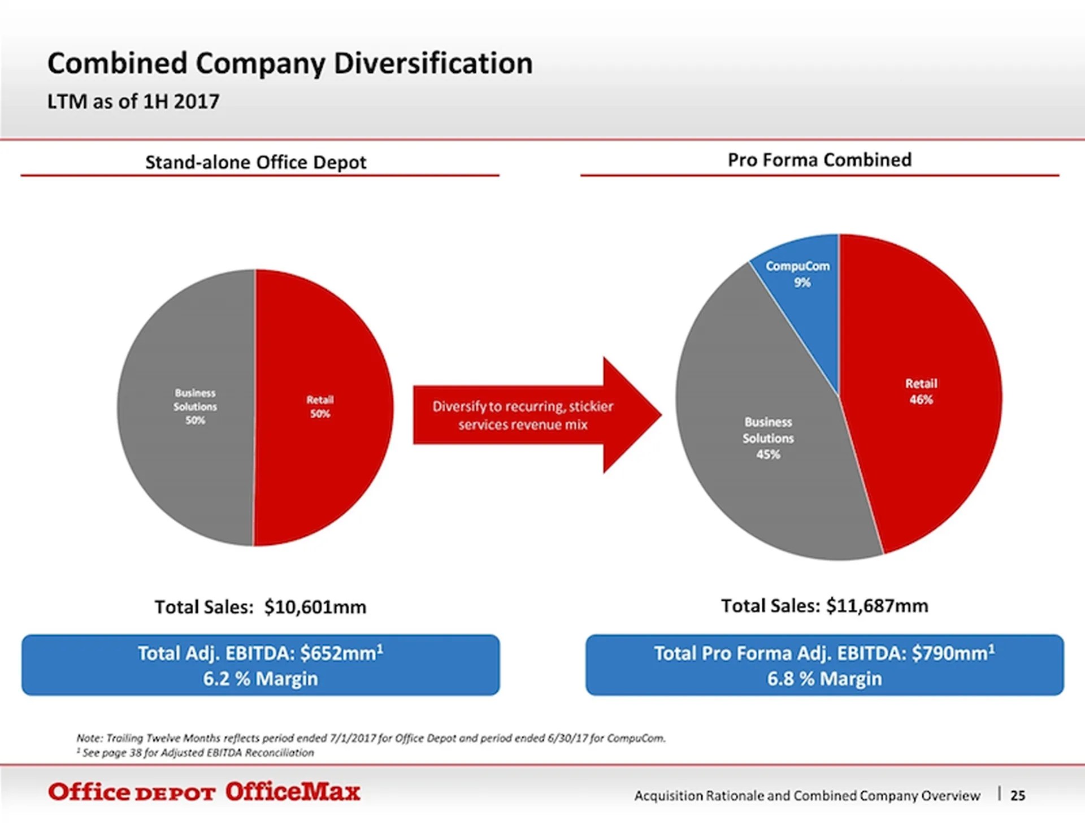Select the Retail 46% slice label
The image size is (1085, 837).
921,391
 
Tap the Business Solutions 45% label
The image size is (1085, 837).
767,438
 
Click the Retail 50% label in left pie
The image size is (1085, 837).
320,406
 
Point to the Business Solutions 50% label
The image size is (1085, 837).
195,406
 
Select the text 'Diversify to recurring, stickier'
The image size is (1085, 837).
523,406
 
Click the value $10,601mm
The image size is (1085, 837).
315,607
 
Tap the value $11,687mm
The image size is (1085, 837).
876,606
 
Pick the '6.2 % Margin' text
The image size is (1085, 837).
261,678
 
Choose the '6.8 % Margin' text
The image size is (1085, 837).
824,678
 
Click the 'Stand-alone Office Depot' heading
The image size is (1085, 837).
255,162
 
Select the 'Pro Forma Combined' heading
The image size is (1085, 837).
819,160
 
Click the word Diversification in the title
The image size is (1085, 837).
433,63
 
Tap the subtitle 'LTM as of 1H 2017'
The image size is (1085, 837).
133,102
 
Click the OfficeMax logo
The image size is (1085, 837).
292,792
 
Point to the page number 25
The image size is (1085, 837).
1017,795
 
